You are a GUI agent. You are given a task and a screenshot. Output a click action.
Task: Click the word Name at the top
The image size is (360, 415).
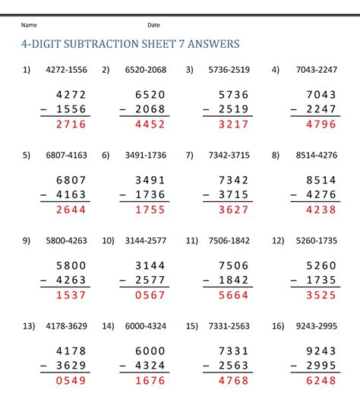29,25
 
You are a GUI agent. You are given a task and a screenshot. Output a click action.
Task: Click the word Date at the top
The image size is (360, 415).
153,25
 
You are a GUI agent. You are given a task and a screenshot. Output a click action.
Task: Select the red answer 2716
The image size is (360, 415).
71,124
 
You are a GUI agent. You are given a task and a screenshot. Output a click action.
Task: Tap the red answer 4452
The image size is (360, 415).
150,124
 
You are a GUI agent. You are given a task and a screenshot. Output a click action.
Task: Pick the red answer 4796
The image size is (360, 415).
321,124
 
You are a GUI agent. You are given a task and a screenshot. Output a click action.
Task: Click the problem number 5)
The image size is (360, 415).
27,156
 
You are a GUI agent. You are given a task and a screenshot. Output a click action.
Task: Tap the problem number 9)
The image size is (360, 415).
27,241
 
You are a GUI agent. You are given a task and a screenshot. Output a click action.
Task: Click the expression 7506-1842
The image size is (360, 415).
228,241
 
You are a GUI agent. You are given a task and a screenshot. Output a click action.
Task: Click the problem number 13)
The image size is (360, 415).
29,326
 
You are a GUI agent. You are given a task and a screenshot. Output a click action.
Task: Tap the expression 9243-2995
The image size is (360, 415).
317,326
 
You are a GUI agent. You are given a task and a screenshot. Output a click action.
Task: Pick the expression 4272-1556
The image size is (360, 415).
66,70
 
